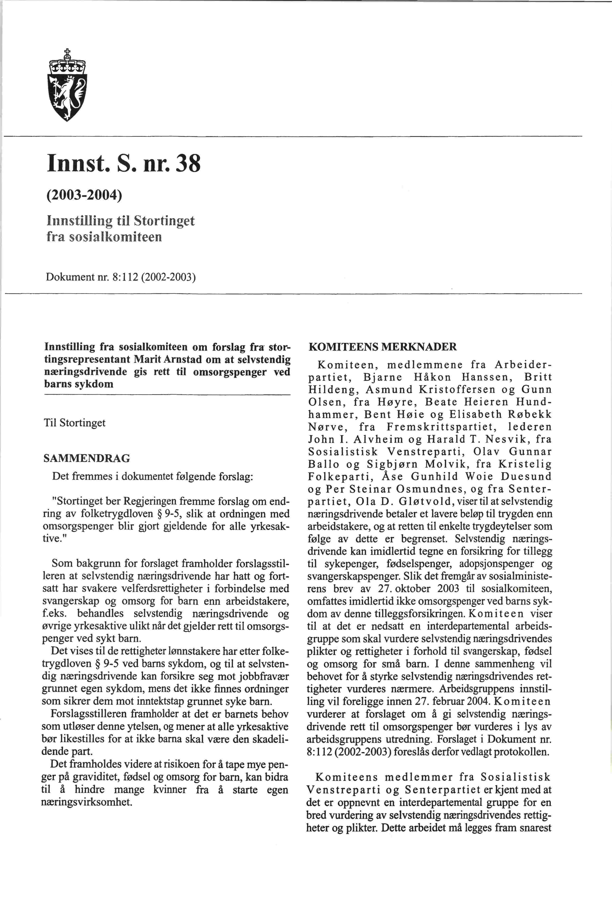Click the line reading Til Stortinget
coord(75,423)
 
